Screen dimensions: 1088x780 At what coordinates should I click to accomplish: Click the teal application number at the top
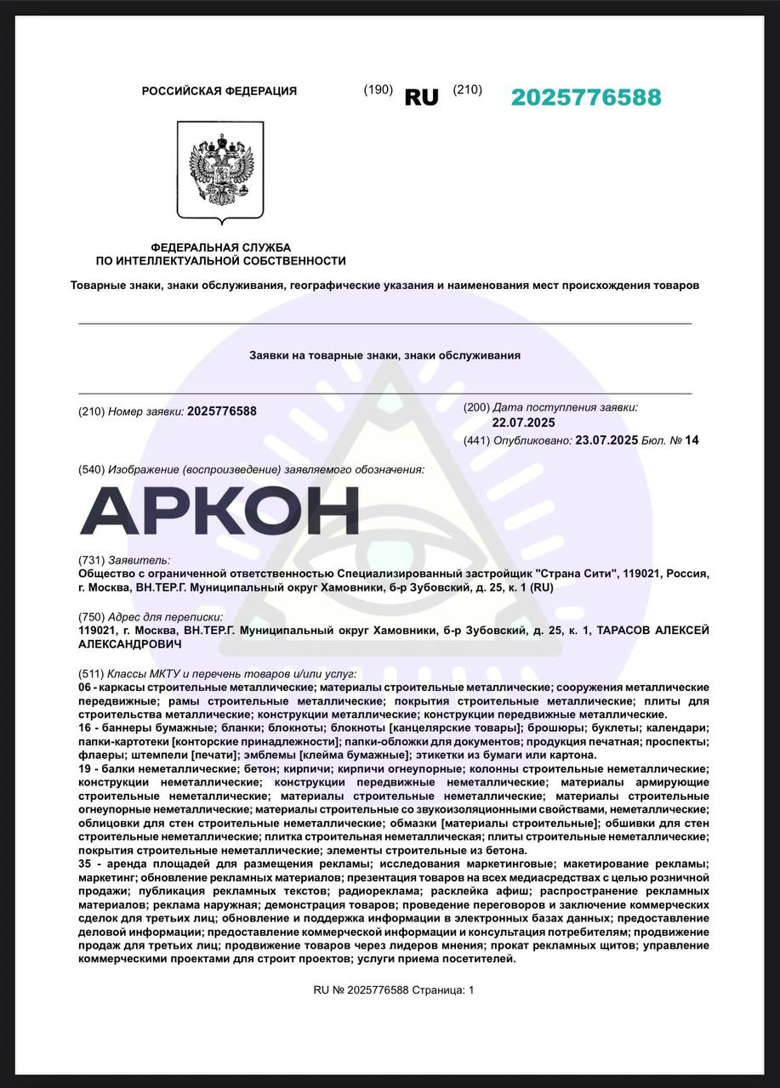[x=585, y=97]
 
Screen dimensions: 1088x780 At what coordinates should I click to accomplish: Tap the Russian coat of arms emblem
[x=220, y=170]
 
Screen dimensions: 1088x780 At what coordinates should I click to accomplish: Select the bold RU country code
[x=421, y=97]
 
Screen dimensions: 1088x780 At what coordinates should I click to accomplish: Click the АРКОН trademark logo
[x=219, y=511]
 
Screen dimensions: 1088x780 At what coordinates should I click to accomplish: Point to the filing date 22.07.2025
[x=523, y=422]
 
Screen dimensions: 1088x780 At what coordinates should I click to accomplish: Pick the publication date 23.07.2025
[x=606, y=440]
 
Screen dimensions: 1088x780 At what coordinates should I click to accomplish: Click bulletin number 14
[x=692, y=440]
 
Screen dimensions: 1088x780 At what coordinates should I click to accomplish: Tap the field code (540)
[x=91, y=469]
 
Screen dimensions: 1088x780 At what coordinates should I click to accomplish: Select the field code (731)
[x=91, y=560]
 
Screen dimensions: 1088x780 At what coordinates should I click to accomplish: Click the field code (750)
[x=91, y=616]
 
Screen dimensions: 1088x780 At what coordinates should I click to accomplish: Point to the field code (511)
[x=91, y=672]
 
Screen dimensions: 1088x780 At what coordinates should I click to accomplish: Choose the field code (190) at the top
[x=378, y=90]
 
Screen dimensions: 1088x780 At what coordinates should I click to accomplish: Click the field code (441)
[x=476, y=440]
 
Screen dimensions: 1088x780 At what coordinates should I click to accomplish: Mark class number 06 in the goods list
[x=84, y=686]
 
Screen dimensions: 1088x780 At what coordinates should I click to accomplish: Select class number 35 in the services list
[x=84, y=864]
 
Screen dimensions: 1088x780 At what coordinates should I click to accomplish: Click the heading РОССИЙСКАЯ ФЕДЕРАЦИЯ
[x=219, y=91]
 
